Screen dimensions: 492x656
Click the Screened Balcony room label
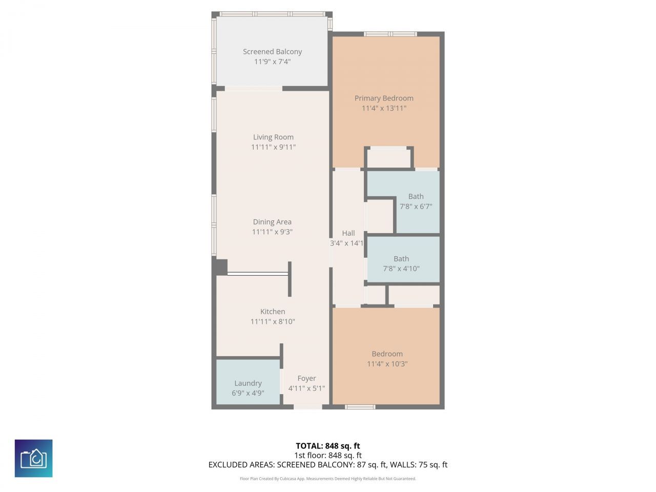272,52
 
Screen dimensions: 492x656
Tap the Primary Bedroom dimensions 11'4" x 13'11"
384,108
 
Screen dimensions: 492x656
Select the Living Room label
273,137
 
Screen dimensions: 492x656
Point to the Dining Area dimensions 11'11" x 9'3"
272,232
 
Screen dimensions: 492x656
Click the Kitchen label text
273,312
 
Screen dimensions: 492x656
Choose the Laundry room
248,382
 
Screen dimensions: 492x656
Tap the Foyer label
306,378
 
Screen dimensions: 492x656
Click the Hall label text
348,233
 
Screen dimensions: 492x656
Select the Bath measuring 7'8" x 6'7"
416,201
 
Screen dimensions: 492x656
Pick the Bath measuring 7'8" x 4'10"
401,263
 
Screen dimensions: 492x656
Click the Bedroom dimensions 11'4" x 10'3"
387,364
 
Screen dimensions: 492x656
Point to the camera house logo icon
34,458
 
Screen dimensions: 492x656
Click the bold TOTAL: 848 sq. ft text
327,446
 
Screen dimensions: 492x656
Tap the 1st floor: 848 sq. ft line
327,455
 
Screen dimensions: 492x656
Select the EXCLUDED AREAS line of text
327,465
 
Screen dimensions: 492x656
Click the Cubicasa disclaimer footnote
327,479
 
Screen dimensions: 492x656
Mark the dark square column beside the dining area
221,267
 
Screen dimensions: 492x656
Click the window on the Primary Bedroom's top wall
391,34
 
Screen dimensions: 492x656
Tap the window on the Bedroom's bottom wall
360,407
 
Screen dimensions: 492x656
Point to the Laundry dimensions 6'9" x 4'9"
248,393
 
